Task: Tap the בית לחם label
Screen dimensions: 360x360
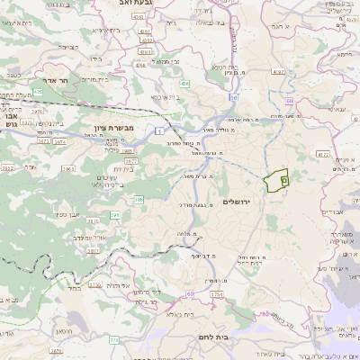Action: [x=211, y=336]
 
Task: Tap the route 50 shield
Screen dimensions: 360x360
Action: [x=233, y=96]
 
